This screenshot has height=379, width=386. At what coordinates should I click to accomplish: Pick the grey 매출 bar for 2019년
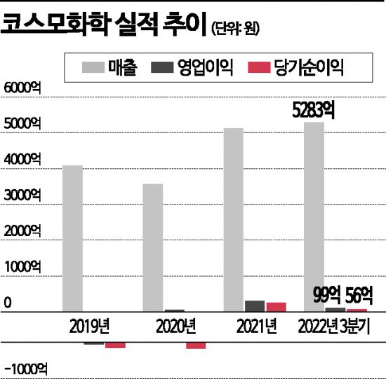(72, 238)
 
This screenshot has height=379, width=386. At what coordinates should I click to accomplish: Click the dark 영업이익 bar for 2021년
(255, 305)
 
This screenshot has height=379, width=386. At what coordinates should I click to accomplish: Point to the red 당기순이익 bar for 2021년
(276, 306)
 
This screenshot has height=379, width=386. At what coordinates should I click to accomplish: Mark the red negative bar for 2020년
(196, 345)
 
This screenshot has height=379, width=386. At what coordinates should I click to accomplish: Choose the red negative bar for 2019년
(115, 345)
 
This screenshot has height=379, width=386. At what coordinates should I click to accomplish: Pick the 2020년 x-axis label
(173, 326)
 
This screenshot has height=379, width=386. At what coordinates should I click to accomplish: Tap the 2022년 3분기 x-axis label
(334, 326)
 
